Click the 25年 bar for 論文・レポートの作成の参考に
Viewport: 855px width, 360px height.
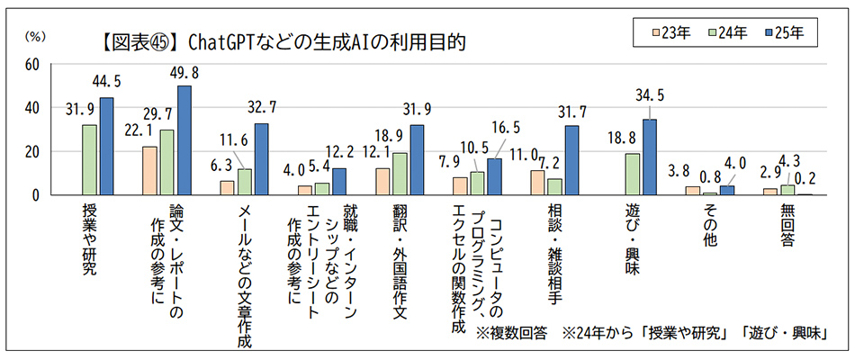tap(184, 140)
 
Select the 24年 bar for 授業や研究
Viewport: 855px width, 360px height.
tap(90, 159)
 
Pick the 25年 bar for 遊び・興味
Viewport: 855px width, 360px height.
tap(649, 157)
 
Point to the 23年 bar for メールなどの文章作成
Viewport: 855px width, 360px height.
tap(228, 187)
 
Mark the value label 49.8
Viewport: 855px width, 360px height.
tap(184, 74)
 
